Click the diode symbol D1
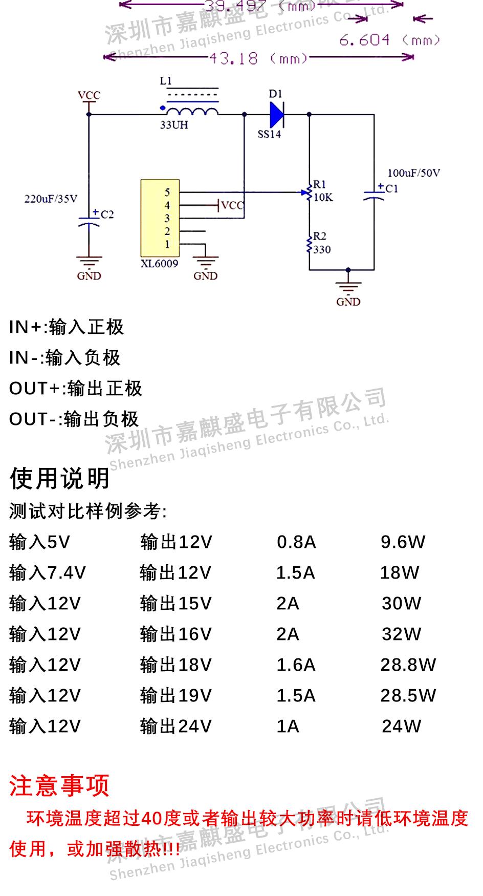276,114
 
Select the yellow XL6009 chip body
160,218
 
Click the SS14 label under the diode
269,135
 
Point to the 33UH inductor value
174,125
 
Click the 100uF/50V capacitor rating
413,173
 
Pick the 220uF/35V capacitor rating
51,199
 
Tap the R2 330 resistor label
321,243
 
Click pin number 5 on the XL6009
167,193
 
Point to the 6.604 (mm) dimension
389,40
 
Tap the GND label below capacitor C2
89,276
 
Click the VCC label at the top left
89,95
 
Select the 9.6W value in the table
403,542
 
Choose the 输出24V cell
176,726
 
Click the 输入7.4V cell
48,572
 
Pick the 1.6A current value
296,665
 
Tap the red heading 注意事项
59,785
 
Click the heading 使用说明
59,478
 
